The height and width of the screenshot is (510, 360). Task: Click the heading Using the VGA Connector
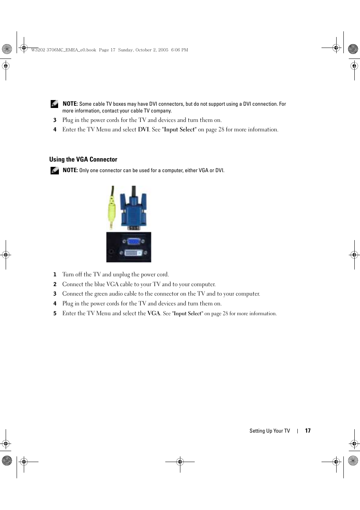(83, 159)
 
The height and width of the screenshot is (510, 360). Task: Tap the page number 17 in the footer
(308, 431)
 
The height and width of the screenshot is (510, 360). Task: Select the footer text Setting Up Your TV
(269, 431)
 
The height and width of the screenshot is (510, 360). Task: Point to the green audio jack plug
(111, 211)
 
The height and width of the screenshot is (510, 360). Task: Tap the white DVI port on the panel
(131, 252)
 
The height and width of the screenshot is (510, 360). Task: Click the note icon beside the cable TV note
(55, 104)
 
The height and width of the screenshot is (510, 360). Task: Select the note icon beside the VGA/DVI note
(55, 170)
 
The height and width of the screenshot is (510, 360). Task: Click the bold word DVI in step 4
(143, 129)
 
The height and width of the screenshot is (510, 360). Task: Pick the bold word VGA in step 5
(154, 313)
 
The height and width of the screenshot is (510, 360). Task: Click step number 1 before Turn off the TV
(55, 275)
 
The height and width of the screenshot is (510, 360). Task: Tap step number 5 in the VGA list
(55, 313)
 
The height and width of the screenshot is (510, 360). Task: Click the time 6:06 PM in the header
(179, 50)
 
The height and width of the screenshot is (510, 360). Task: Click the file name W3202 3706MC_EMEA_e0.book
(63, 50)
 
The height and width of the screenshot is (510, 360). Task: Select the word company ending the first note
(162, 111)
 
